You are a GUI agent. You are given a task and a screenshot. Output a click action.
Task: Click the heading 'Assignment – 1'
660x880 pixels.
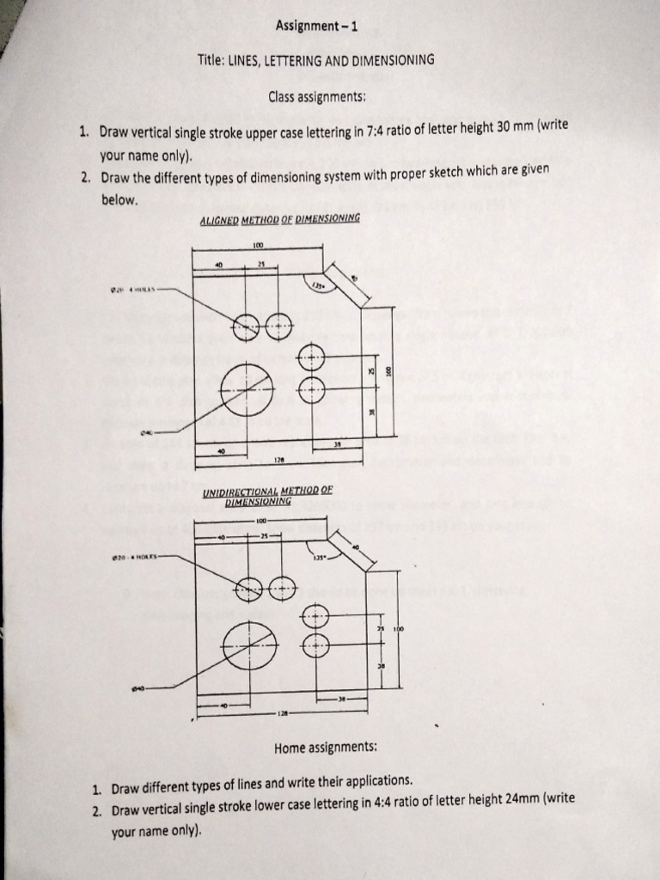316,27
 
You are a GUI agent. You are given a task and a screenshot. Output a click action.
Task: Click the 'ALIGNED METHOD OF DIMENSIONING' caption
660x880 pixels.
279,219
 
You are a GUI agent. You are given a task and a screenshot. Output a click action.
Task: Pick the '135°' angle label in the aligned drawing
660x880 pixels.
318,285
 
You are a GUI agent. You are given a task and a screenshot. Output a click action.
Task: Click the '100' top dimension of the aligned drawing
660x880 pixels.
258,246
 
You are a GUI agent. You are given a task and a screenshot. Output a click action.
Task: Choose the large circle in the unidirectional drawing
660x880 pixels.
249,646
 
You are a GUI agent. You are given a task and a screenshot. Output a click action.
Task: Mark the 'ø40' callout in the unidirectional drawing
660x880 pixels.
139,687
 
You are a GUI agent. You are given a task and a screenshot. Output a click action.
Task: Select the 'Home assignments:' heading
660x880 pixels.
326,747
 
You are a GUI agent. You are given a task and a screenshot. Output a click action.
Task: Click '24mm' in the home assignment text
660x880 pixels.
524,798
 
